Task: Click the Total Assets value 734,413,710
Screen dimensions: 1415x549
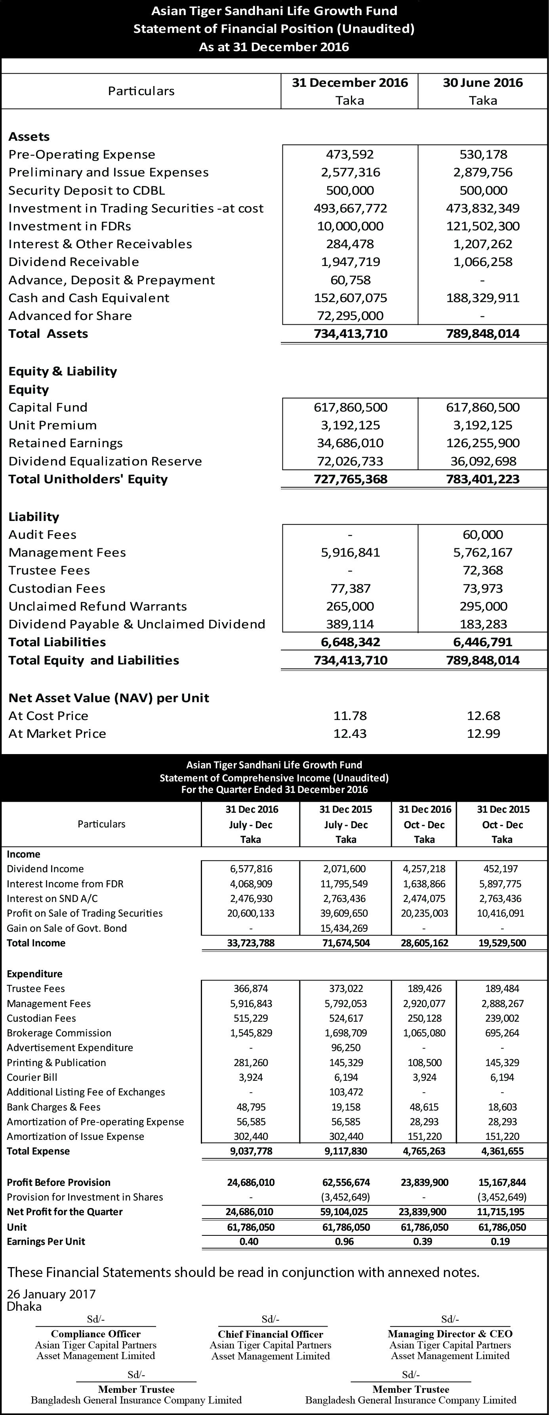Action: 350,333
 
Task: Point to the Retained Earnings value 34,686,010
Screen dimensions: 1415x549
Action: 350,443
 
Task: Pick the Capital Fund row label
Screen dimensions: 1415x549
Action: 48,407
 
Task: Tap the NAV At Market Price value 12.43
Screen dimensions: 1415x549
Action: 350,733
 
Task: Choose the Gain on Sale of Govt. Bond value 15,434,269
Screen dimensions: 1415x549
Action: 346,928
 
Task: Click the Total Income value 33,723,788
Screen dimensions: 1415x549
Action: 251,942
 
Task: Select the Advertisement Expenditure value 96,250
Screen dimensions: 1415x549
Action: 346,1047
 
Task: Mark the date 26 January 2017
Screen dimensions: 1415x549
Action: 51,1294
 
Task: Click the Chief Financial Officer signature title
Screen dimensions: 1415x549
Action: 270,1334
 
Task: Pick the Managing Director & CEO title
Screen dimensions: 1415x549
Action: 450,1333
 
